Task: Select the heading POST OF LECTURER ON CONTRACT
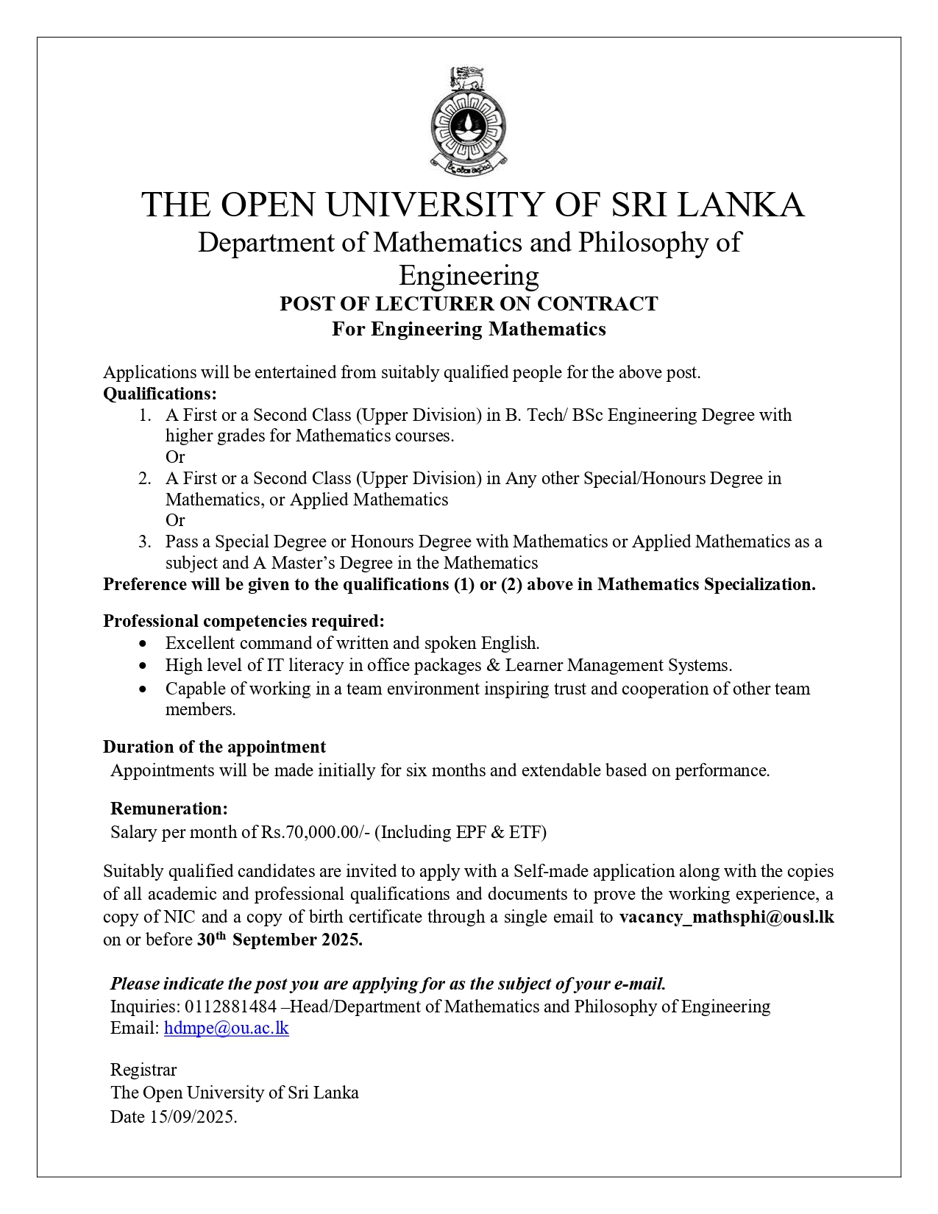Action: coord(469,304)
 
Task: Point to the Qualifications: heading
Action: coord(160,394)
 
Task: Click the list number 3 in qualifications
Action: coord(144,542)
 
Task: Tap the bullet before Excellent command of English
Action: coord(143,644)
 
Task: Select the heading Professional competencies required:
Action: coord(244,621)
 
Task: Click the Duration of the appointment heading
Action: coord(214,747)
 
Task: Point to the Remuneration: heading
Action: coord(169,809)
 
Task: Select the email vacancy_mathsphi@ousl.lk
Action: coord(726,917)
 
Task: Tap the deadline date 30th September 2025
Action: coord(280,940)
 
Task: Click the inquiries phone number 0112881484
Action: coord(230,1006)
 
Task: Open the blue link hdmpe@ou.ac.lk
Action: coord(226,1028)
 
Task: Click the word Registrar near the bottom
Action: coord(143,1070)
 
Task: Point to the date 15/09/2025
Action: coord(193,1117)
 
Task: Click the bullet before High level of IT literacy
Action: coord(143,666)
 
